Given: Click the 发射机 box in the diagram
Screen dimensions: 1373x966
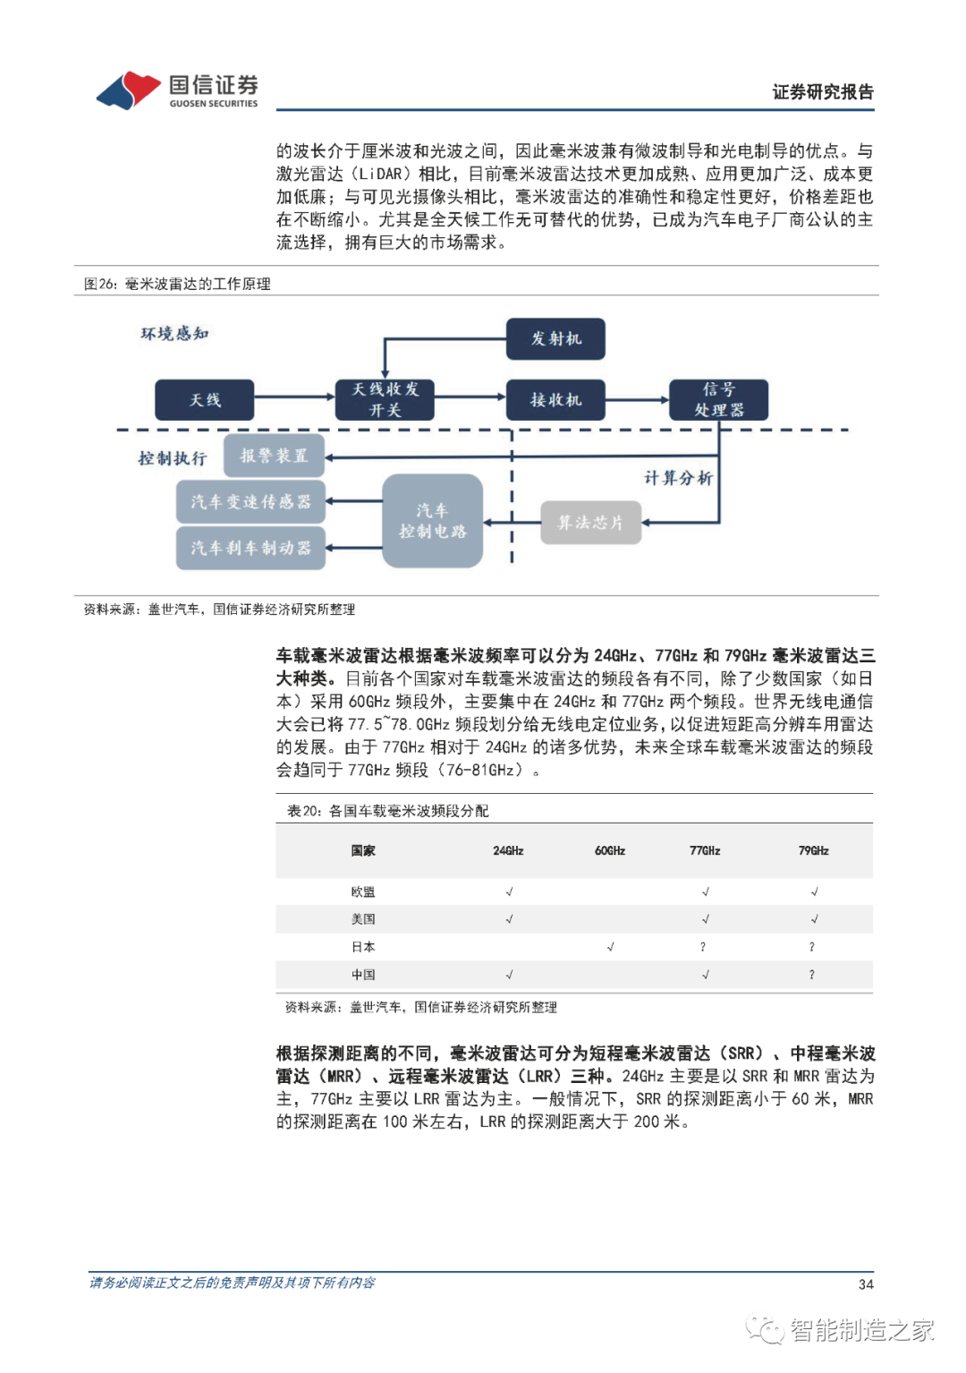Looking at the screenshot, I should (555, 338).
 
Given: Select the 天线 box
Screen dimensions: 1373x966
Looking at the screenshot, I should (204, 399).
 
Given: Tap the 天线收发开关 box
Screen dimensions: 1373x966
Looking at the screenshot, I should (385, 399).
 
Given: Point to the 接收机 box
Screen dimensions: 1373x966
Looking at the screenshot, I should (555, 399).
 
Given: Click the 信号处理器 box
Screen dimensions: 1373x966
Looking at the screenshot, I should (718, 399).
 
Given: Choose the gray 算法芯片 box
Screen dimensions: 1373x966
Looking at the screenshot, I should (590, 523).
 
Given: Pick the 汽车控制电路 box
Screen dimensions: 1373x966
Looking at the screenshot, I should (432, 520).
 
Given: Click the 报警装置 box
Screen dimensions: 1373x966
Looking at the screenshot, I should (274, 456).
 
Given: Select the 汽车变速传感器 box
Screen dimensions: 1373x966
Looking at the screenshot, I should (250, 501).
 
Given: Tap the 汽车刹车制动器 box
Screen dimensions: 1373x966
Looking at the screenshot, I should (250, 547).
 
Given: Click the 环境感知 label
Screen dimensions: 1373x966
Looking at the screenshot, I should (174, 334).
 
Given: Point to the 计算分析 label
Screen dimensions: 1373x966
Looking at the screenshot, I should (678, 478).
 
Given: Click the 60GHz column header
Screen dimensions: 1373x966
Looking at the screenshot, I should (610, 850).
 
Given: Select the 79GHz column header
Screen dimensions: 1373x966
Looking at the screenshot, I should (813, 850).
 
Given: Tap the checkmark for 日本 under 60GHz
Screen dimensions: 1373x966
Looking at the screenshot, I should (610, 946).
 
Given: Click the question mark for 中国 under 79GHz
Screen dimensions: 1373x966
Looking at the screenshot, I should (811, 974).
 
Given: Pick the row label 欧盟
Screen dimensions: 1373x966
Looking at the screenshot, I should (363, 891).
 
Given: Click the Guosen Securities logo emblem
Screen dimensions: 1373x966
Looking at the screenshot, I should (129, 90).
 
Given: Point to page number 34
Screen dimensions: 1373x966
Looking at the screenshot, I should (865, 1283).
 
